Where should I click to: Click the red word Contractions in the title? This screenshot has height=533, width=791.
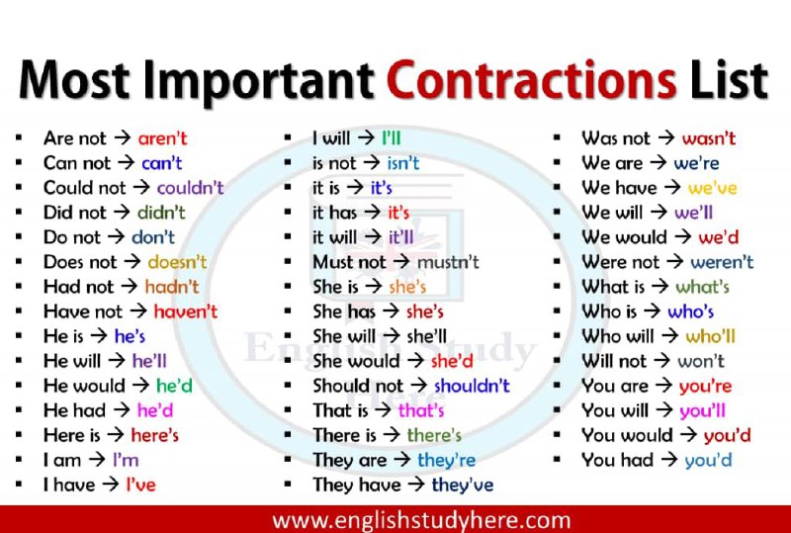pyautogui.click(x=532, y=81)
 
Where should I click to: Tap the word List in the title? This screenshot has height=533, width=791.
pyautogui.click(x=729, y=81)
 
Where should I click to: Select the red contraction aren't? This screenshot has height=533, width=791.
pyautogui.click(x=162, y=138)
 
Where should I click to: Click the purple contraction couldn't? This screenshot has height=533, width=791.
pyautogui.click(x=190, y=188)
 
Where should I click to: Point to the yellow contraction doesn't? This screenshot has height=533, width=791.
pyautogui.click(x=177, y=262)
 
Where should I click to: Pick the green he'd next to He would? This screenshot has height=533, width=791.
pyautogui.click(x=174, y=386)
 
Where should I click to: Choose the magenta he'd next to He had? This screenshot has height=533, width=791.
pyautogui.click(x=155, y=410)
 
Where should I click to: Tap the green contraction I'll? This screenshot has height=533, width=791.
pyautogui.click(x=391, y=138)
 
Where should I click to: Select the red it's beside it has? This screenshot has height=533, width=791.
pyautogui.click(x=398, y=213)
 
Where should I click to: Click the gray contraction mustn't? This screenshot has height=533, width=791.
pyautogui.click(x=448, y=262)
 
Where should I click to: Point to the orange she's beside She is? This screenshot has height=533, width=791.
pyautogui.click(x=407, y=287)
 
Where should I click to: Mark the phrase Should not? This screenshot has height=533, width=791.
pyautogui.click(x=358, y=386)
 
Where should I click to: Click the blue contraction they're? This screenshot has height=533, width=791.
pyautogui.click(x=447, y=461)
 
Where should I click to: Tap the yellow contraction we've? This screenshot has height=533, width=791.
pyautogui.click(x=712, y=188)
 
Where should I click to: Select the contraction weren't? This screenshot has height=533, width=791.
pyautogui.click(x=722, y=262)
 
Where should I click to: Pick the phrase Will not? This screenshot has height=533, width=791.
pyautogui.click(x=614, y=361)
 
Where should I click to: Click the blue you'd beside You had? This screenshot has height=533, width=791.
pyautogui.click(x=708, y=461)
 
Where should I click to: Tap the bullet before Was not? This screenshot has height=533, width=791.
pyautogui.click(x=557, y=137)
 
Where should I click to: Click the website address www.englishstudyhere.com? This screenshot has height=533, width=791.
pyautogui.click(x=422, y=520)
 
